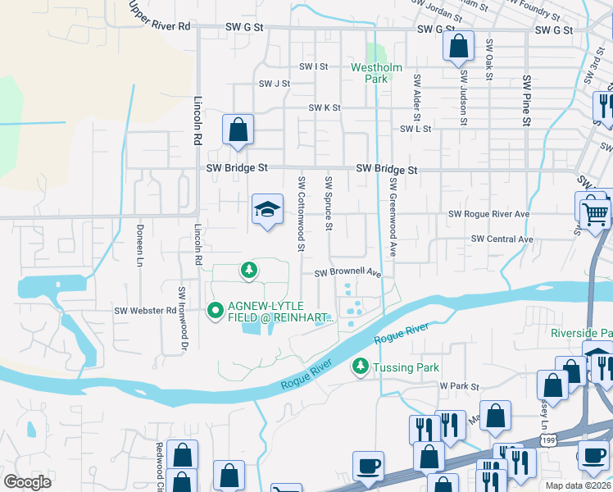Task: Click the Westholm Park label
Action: tap(369, 73)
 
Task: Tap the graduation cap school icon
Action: tap(267, 211)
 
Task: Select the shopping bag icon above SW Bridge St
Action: tap(238, 130)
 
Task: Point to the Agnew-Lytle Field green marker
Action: tap(216, 310)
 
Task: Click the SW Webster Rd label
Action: tap(145, 311)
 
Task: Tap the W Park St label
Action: tap(457, 385)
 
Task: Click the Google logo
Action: tap(28, 481)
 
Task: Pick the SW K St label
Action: tap(325, 108)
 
